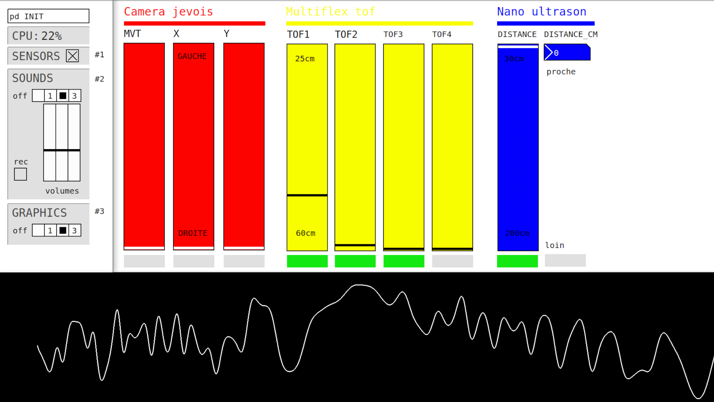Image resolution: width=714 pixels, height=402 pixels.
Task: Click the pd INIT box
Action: [48, 16]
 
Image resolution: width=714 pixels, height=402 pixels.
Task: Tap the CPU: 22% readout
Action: [37, 36]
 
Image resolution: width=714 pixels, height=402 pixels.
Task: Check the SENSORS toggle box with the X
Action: [72, 56]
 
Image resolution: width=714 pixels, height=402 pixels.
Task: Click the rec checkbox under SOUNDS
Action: [21, 174]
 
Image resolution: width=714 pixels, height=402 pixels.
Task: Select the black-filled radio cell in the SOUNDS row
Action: [63, 96]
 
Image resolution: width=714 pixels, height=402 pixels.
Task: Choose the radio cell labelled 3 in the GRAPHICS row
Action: [75, 230]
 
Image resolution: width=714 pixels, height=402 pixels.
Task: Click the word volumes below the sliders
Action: [62, 191]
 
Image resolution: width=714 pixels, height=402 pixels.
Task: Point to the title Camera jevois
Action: [168, 12]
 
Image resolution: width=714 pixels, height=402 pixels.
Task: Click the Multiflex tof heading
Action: [330, 12]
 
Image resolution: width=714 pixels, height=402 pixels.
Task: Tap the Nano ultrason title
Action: [541, 12]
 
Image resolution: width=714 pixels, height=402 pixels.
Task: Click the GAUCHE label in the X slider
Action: [192, 56]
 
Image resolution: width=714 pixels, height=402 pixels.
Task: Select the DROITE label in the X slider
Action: [193, 233]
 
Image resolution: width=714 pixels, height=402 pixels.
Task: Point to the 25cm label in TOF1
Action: [305, 59]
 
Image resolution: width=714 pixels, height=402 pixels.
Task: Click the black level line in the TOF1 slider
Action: [307, 195]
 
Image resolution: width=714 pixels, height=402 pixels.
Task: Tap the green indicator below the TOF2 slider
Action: [355, 261]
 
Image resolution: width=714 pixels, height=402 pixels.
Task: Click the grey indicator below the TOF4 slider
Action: [452, 261]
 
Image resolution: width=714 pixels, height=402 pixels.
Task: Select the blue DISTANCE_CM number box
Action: [567, 53]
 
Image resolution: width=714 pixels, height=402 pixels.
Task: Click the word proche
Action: [561, 72]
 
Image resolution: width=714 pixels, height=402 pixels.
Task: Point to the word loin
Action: [555, 245]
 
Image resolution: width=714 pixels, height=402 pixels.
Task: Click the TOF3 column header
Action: [393, 34]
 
